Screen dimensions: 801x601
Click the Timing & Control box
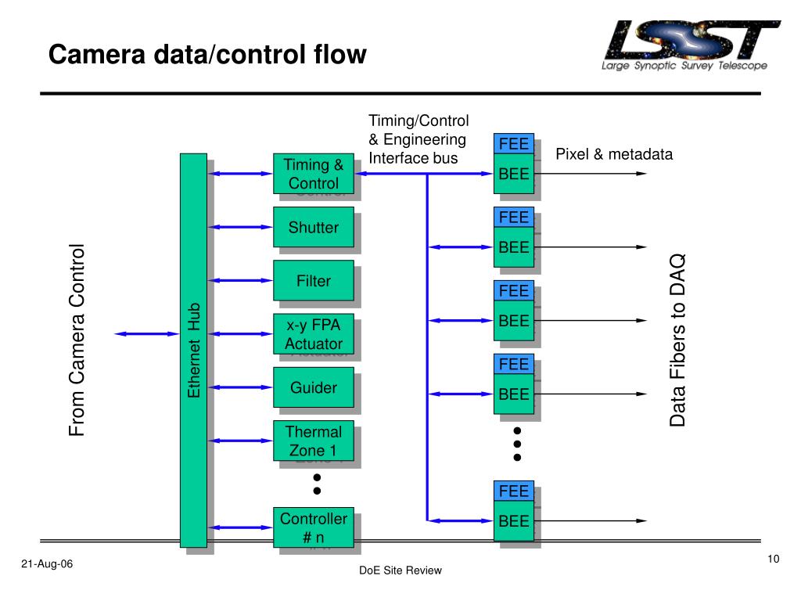click(x=313, y=174)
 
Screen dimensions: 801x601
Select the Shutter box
click(x=313, y=227)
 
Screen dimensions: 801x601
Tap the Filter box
click(x=313, y=281)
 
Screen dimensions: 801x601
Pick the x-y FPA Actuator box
click(x=313, y=333)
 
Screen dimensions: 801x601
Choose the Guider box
click(x=313, y=387)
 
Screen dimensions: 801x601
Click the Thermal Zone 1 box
click(x=313, y=441)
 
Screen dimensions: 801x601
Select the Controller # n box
click(x=313, y=527)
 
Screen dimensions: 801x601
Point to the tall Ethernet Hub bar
click(x=194, y=350)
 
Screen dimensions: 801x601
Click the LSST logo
click(x=690, y=45)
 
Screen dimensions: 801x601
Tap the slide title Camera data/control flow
click(x=207, y=54)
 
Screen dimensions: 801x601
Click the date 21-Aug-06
click(x=47, y=563)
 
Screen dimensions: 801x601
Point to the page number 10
click(x=774, y=559)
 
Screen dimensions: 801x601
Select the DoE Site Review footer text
click(x=400, y=570)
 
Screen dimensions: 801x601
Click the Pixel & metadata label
click(x=614, y=154)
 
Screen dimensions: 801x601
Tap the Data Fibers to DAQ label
click(x=677, y=340)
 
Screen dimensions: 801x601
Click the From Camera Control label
click(x=77, y=340)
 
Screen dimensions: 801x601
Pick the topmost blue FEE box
click(x=514, y=144)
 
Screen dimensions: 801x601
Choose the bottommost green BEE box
click(x=514, y=520)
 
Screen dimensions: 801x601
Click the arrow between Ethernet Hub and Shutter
click(x=240, y=227)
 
